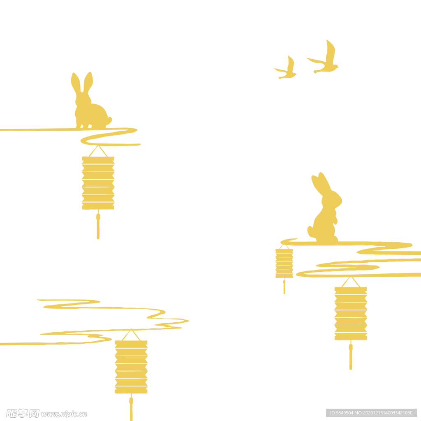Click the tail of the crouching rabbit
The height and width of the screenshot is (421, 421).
point(109,120)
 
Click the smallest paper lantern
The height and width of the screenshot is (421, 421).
point(284,264)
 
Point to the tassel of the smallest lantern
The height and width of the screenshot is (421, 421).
point(284,286)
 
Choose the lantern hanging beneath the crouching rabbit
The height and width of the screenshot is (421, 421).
point(98,183)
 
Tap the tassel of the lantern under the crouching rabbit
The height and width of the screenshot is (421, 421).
point(98,224)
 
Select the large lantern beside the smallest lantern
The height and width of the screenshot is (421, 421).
point(351,313)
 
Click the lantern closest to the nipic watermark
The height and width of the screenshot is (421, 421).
point(131,367)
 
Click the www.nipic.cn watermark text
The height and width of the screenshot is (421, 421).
point(64,414)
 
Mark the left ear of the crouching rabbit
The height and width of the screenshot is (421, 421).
point(76,83)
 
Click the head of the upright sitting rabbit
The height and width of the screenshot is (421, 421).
point(332,199)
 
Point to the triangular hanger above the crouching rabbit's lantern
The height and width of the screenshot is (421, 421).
point(98,151)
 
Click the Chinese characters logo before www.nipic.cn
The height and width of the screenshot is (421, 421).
point(23,414)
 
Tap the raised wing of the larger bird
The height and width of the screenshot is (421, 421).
point(331,51)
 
